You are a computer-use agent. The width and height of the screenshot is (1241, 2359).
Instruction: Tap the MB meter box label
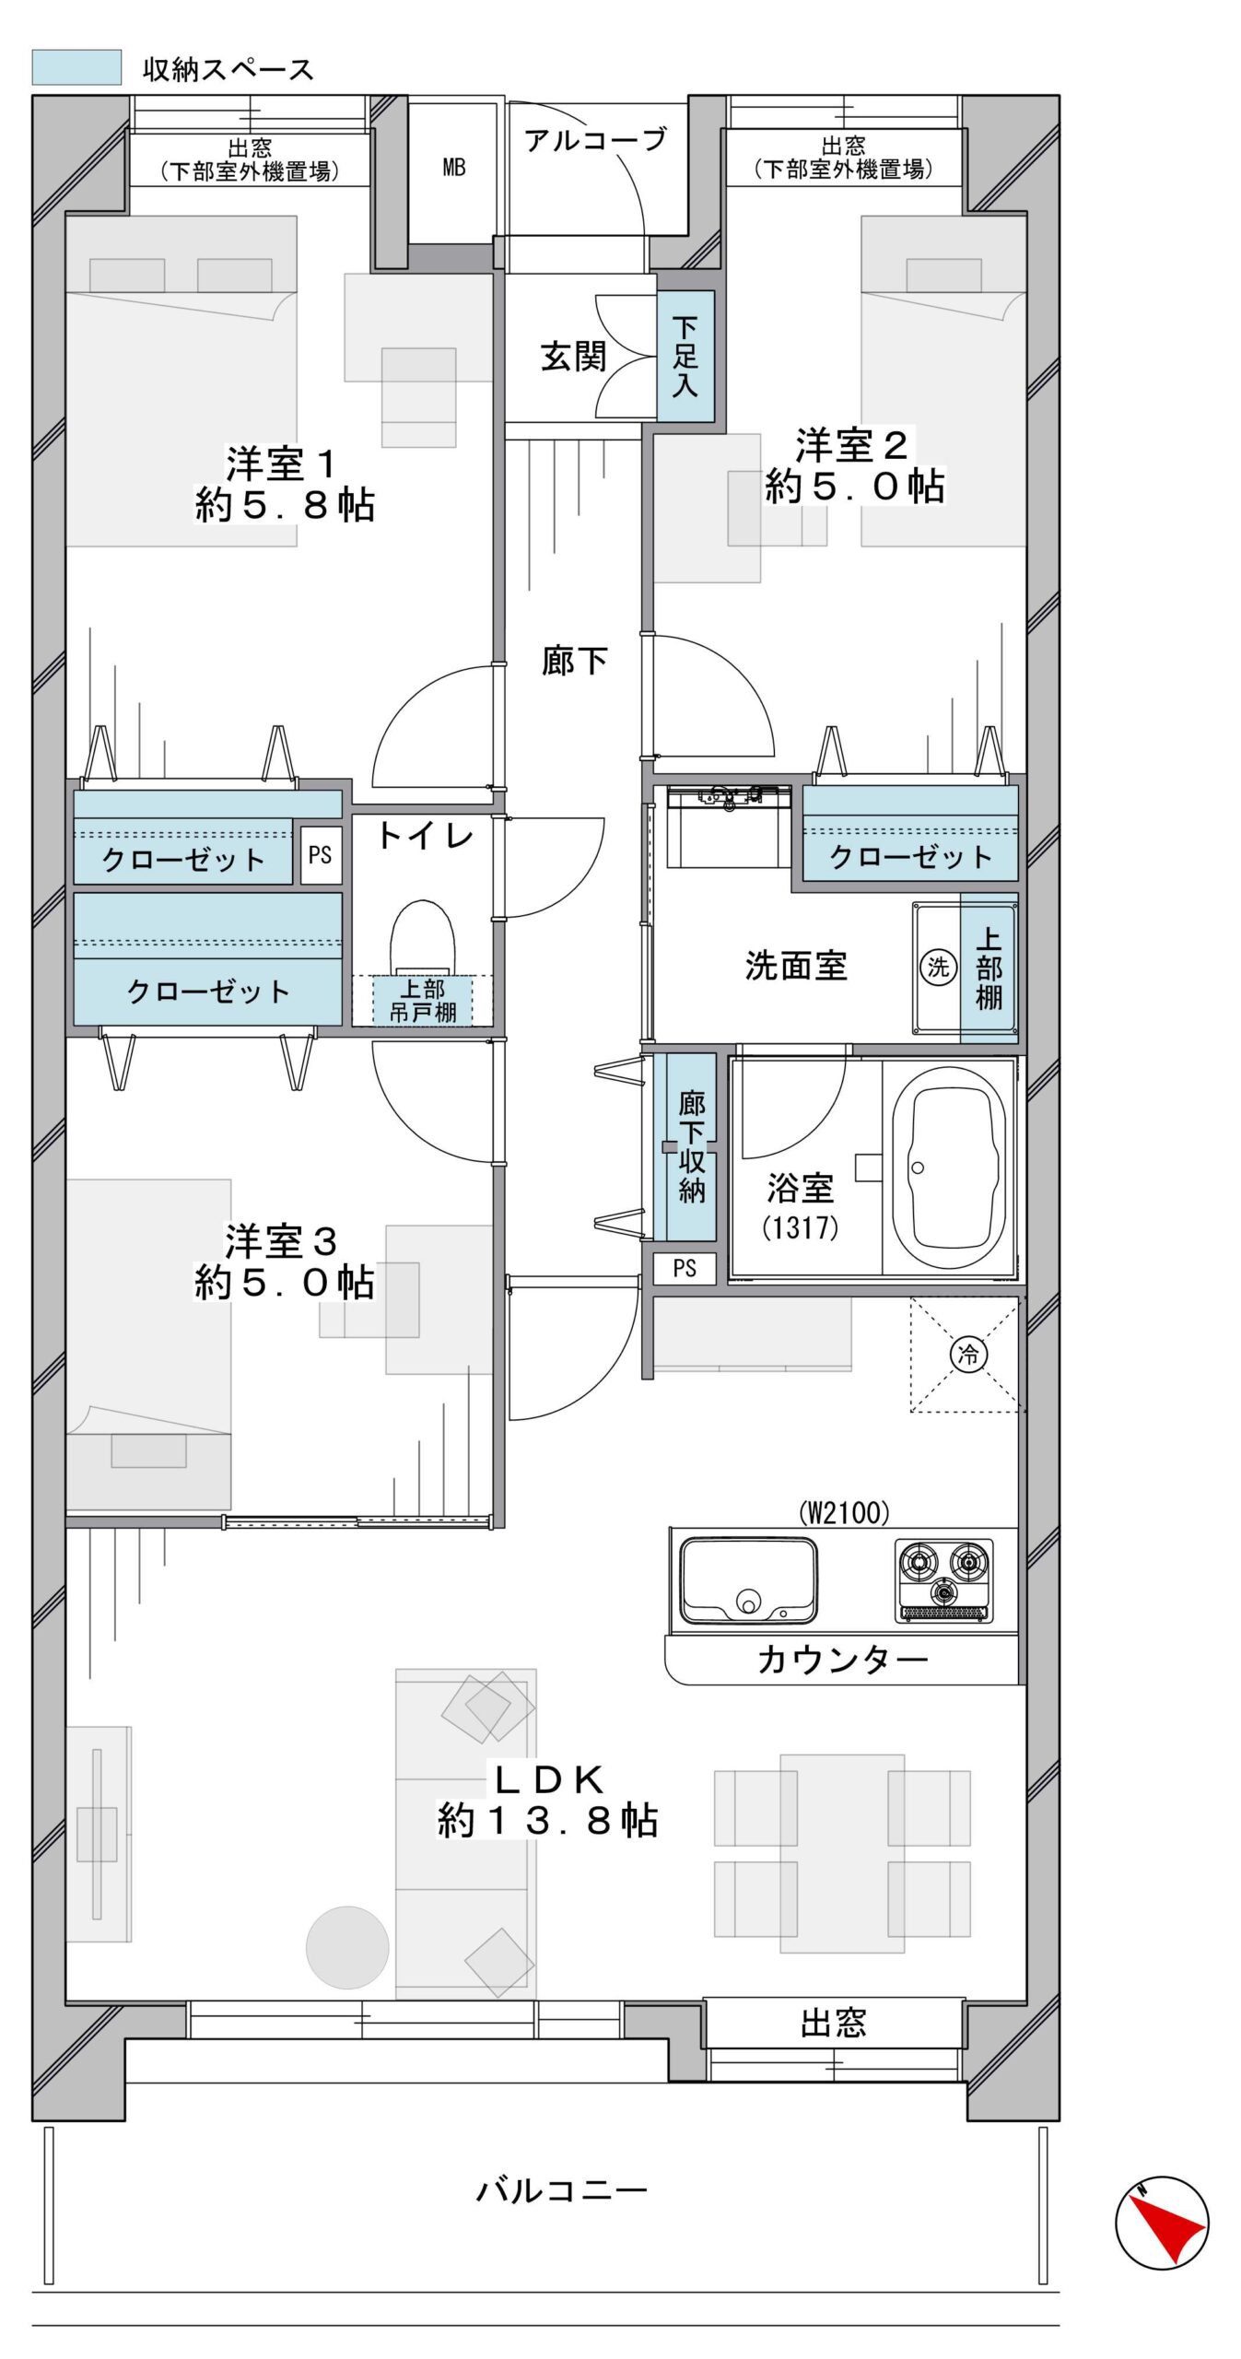(453, 167)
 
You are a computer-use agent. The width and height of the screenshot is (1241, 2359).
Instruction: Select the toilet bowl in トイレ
(422, 936)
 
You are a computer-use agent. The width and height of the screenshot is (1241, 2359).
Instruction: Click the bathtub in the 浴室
(954, 1168)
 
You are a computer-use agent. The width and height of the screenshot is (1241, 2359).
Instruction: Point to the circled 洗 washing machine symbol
(938, 967)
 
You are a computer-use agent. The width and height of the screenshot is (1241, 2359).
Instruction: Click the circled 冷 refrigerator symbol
(968, 1354)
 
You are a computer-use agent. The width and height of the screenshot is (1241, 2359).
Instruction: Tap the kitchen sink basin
(747, 1579)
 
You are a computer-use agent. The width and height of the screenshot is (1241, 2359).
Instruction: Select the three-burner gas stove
(943, 1580)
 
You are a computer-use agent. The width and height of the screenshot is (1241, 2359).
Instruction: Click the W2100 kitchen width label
(843, 1512)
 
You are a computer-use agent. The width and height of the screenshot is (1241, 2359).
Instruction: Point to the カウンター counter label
(842, 1660)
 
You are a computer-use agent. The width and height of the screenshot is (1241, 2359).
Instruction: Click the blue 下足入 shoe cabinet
(685, 357)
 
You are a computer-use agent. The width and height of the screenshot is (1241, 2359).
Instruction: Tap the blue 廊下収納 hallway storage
(685, 1146)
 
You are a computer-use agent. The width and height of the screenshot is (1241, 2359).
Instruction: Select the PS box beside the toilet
(320, 855)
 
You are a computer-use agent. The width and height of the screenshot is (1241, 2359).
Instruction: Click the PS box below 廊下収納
(684, 1268)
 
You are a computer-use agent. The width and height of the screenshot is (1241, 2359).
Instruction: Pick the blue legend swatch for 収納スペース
(76, 67)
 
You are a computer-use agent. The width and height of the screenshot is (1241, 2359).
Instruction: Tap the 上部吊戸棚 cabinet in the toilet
(422, 1000)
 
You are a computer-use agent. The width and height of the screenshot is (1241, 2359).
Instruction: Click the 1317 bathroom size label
(800, 1227)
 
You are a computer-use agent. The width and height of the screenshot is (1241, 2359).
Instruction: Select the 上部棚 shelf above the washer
(989, 968)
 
